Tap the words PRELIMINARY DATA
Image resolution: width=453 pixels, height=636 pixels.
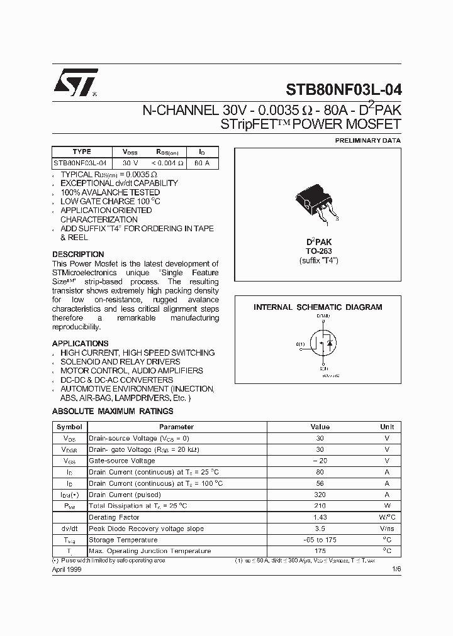click(x=367, y=140)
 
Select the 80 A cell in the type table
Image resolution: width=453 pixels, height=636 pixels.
click(x=202, y=163)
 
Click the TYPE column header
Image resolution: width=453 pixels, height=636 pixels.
click(x=82, y=151)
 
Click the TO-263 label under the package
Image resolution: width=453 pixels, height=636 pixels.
click(x=319, y=251)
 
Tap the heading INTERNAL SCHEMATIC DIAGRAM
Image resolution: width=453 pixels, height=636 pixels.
click(x=318, y=307)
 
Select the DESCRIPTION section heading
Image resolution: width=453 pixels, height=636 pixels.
click(x=78, y=255)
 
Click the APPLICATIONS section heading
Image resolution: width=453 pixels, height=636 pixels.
click(x=80, y=344)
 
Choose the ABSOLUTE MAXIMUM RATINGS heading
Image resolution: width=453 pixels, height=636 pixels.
click(x=113, y=411)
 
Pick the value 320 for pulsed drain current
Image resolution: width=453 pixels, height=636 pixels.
click(x=320, y=495)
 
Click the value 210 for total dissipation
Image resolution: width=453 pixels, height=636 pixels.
click(x=320, y=506)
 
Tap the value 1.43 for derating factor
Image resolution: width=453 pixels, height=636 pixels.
click(x=320, y=517)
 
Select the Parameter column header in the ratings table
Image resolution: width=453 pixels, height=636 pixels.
click(x=176, y=427)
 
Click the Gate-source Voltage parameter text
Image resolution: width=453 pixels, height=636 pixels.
click(x=121, y=461)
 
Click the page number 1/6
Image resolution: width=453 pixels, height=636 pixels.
click(x=395, y=568)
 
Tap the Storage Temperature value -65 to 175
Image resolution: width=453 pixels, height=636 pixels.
click(x=320, y=540)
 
